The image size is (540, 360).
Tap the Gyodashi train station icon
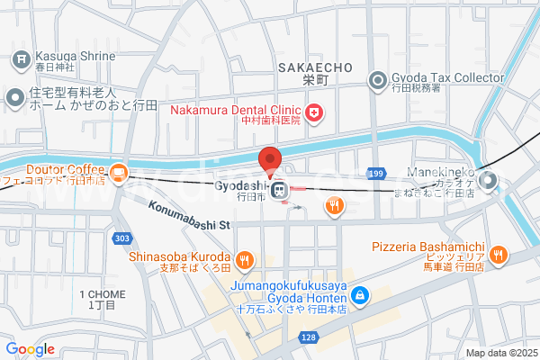click(280, 189)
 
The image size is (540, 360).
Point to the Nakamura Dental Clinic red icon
click(314, 112)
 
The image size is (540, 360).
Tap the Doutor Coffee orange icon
click(119, 170)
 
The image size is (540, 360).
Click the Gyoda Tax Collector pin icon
click(379, 82)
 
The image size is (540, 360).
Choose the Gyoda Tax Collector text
click(448, 78)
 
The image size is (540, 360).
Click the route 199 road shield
click(375, 172)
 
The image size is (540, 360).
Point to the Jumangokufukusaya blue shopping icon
click(359, 294)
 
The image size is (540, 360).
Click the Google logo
click(30, 349)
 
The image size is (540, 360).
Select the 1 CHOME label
click(100, 295)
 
